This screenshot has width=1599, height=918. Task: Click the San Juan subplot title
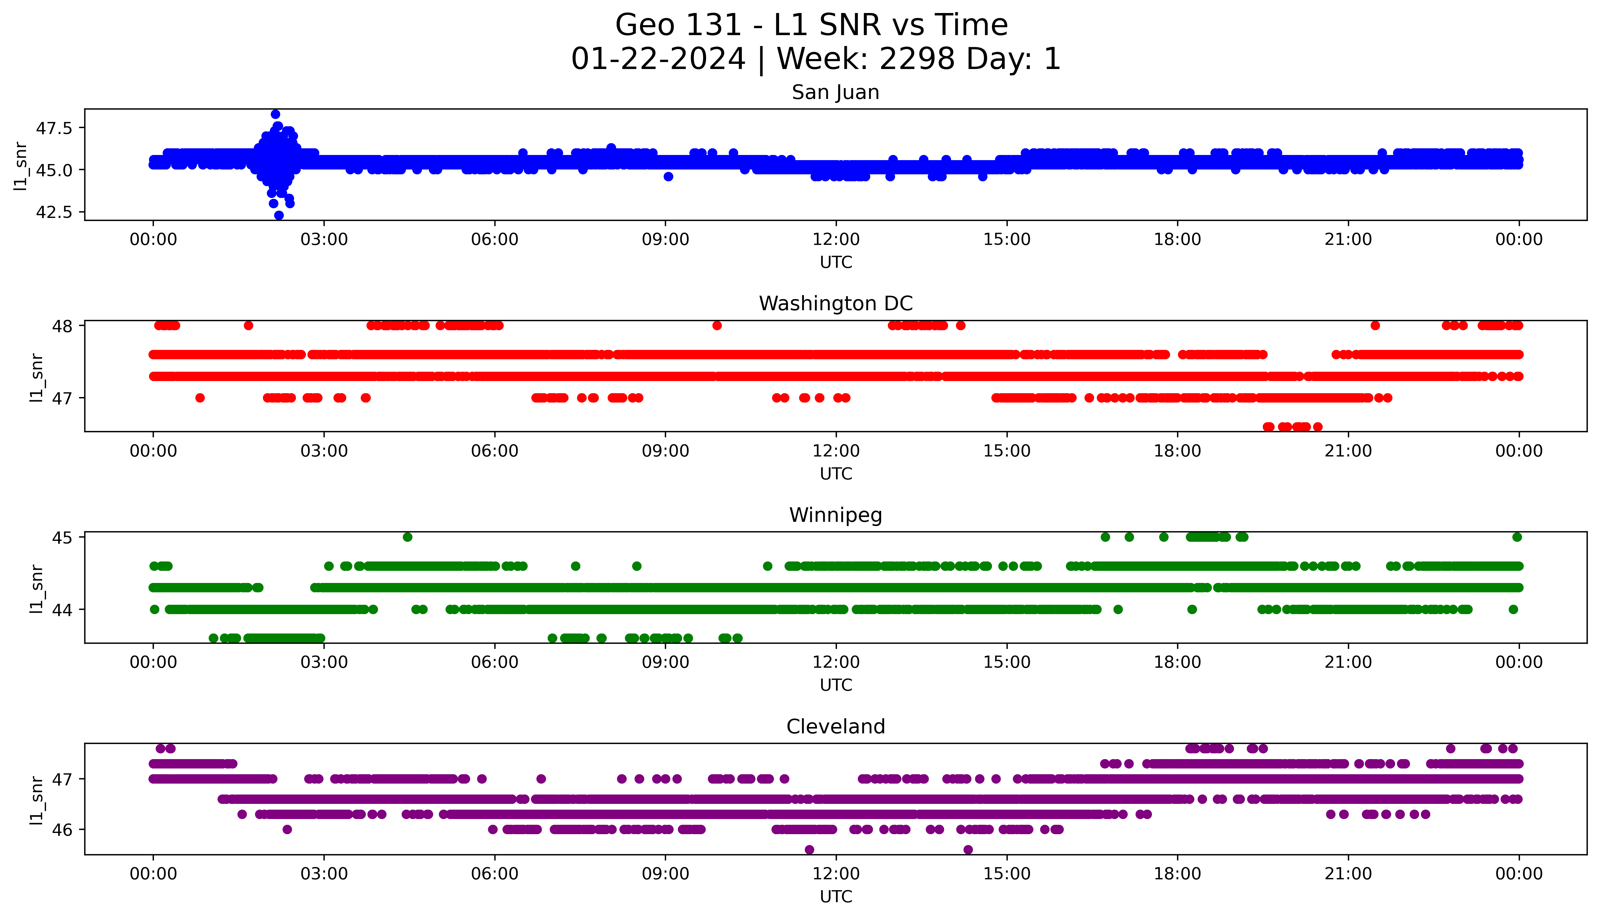835,93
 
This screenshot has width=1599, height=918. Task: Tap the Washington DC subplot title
835,304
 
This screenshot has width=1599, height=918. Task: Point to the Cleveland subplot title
835,727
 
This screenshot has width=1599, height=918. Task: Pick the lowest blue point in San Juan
279,216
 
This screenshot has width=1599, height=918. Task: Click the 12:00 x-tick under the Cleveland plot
836,874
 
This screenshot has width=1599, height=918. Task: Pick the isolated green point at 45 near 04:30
407,537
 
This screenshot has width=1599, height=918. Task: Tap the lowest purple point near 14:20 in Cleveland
968,850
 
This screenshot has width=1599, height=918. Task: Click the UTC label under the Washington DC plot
836,473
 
